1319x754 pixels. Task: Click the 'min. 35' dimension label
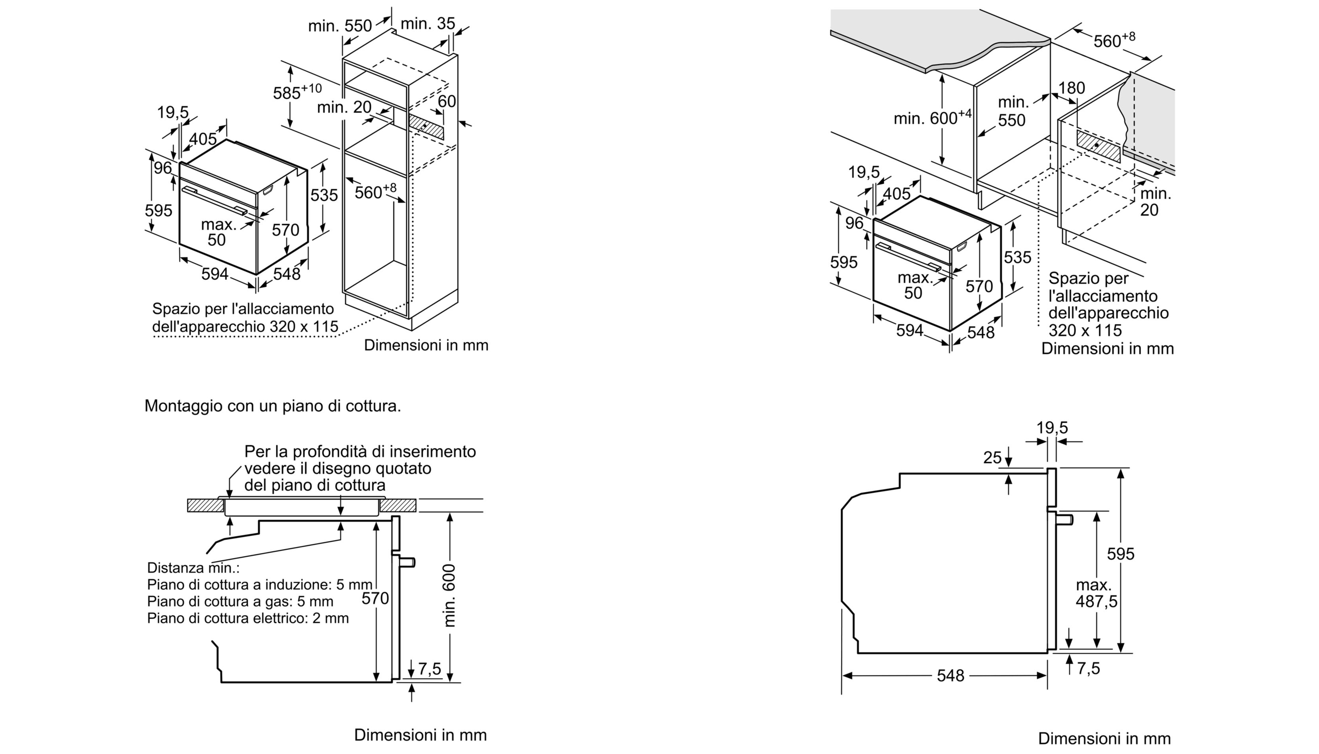[x=428, y=24]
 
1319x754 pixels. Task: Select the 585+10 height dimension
[x=297, y=92]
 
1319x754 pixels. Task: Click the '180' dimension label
[x=1071, y=88]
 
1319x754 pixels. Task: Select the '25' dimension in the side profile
[x=992, y=457]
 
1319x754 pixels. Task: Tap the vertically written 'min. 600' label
[x=449, y=596]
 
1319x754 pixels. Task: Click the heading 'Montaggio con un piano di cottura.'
[x=272, y=406]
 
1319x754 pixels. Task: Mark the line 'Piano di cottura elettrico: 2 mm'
[x=248, y=618]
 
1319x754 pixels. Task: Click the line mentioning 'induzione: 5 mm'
[x=259, y=585]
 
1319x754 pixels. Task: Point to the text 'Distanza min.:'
[x=193, y=568]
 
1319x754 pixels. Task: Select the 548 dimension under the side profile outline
[x=950, y=675]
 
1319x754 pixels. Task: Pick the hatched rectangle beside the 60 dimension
[x=426, y=126]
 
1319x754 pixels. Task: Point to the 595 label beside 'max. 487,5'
[x=1120, y=554]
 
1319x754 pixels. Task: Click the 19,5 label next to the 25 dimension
[x=1052, y=428]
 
